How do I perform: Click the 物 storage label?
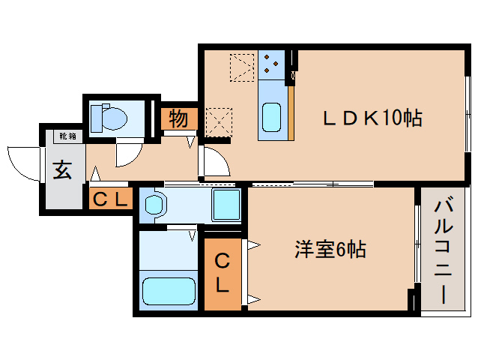click(x=178, y=118)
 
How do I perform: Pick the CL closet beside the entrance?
click(x=111, y=199)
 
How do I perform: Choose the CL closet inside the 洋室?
click(x=223, y=274)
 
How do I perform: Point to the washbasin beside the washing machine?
click(x=155, y=205)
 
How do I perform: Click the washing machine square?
click(x=226, y=205)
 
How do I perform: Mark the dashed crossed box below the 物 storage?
click(x=219, y=122)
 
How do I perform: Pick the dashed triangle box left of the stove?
click(x=242, y=67)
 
